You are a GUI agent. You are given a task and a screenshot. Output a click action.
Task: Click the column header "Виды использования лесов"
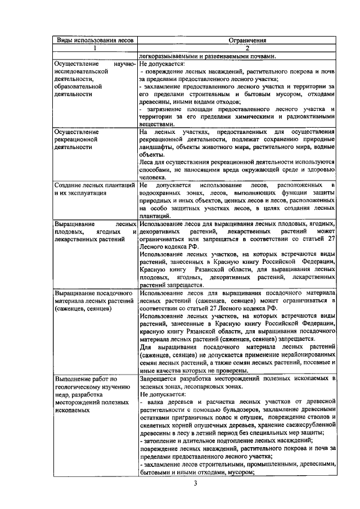[x=94, y=40]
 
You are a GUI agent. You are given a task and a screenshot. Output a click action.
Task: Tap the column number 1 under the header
[x=94, y=48]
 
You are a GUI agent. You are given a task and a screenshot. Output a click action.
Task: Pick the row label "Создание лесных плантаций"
[x=94, y=185]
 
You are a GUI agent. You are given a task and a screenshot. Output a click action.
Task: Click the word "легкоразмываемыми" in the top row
[x=169, y=56]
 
